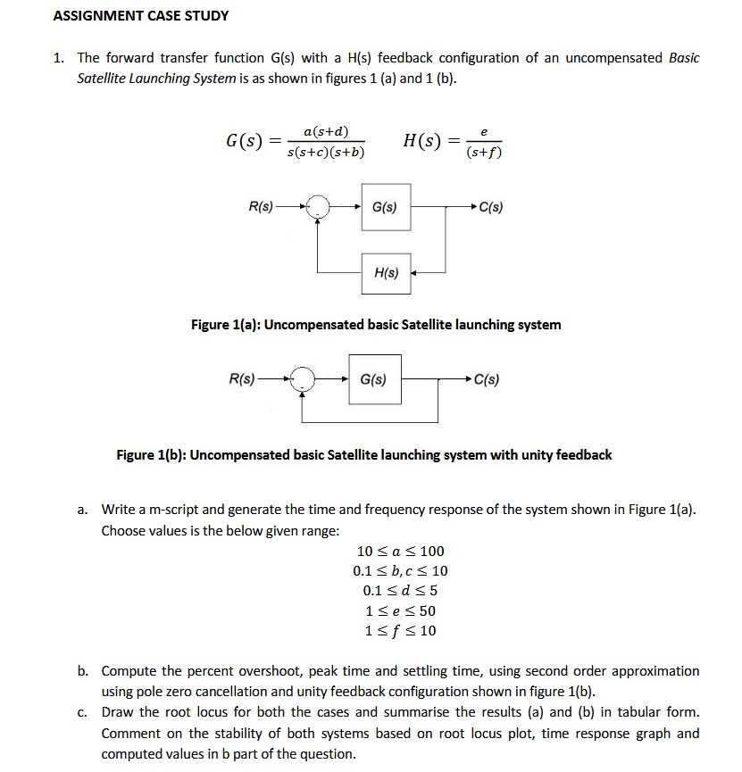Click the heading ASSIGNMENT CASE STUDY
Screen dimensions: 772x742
(141, 16)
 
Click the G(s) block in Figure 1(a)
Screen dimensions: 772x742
(386, 207)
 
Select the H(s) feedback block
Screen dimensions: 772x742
(386, 273)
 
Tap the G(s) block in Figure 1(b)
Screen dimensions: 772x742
(373, 379)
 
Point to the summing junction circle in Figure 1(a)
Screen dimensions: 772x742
(319, 208)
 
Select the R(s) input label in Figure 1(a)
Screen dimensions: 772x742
(261, 207)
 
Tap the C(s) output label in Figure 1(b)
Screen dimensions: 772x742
(486, 379)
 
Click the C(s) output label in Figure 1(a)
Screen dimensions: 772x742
(490, 208)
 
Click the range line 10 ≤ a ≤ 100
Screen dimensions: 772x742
(400, 551)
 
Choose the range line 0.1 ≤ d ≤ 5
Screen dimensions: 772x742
(400, 591)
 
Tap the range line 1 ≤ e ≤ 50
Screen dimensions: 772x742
(400, 611)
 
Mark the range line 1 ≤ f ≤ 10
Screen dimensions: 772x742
(400, 632)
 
